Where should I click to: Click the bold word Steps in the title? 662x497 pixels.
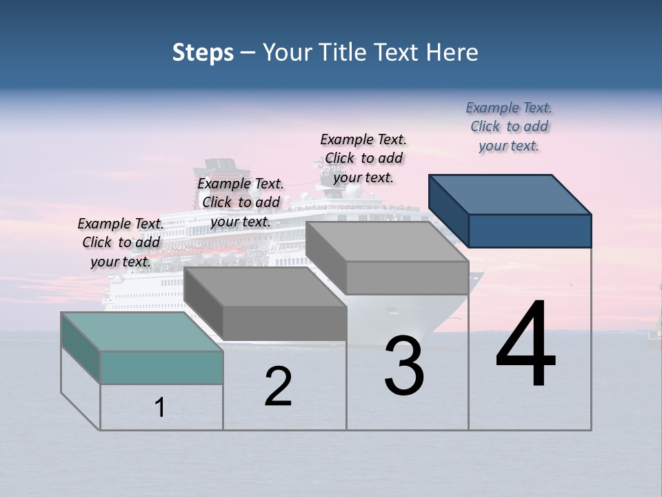click(x=203, y=52)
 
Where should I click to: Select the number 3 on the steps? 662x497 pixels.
click(x=404, y=366)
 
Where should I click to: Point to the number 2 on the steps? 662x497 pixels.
click(x=279, y=387)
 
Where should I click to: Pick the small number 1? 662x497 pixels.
click(x=160, y=407)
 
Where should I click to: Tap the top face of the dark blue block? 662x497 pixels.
click(x=510, y=194)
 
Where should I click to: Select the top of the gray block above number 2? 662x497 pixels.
click(x=265, y=286)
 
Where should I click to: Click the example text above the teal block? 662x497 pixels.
click(x=121, y=242)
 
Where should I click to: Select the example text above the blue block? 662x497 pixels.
click(x=509, y=126)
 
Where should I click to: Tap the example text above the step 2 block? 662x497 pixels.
click(x=241, y=202)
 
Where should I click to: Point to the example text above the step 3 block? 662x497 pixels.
click(x=363, y=158)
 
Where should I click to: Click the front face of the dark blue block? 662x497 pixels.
click(x=530, y=231)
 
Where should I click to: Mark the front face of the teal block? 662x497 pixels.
click(x=161, y=367)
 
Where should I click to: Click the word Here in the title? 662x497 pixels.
click(x=452, y=52)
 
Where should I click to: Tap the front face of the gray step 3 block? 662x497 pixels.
click(x=407, y=277)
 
